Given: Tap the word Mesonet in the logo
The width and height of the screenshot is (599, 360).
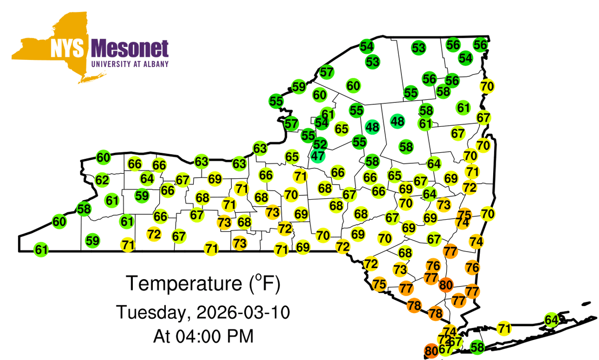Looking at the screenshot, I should point(130,49).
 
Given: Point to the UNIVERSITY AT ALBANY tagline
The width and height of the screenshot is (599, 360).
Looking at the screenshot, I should point(130,64).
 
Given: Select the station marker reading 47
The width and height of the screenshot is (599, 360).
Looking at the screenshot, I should point(318,155).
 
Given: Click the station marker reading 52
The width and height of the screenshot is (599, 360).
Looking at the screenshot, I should point(320,144).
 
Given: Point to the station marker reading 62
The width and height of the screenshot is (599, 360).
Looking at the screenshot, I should point(102,180).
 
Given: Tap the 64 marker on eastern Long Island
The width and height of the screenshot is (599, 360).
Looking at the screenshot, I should point(551,320).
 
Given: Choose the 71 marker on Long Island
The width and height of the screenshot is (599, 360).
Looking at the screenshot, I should point(505,328).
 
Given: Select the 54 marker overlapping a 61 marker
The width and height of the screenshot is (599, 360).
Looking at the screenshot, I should point(321,122).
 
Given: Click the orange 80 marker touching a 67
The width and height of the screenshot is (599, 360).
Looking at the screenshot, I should point(431,351).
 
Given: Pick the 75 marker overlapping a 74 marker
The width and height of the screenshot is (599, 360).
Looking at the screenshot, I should point(465,214).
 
